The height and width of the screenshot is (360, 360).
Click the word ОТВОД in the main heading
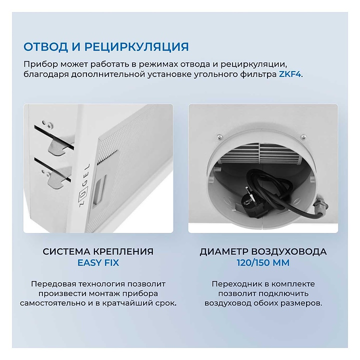coord(45,46)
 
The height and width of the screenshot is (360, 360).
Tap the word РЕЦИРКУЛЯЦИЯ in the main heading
coord(136,47)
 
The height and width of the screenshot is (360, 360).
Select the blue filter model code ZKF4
coord(289,74)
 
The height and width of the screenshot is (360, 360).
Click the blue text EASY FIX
coord(98,262)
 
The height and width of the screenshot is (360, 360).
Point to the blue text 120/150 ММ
coord(263,262)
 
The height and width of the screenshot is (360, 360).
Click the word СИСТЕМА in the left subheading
coord(66,251)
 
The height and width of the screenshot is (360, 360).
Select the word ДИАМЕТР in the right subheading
coord(223,251)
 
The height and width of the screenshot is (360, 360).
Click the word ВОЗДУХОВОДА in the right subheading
coord(288,251)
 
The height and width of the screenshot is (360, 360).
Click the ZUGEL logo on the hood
coord(84,185)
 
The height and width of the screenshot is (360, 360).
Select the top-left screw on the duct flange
coord(219,137)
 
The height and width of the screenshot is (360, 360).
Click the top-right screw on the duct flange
coord(303,137)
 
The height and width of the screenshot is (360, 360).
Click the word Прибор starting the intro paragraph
coord(40,64)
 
